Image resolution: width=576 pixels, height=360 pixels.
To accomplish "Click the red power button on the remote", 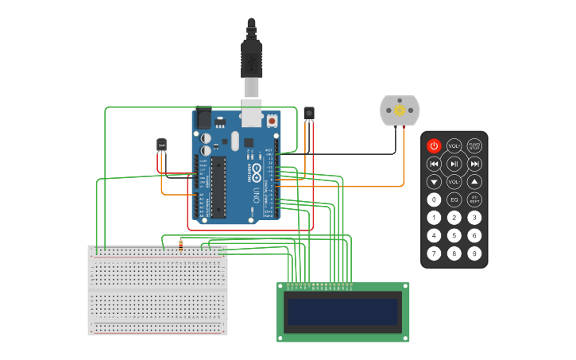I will click(x=434, y=145).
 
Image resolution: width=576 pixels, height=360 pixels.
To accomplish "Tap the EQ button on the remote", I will click(x=454, y=199).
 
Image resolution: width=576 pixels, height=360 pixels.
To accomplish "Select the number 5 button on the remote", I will click(x=454, y=235).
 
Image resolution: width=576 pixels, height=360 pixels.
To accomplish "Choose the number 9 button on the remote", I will click(x=474, y=254).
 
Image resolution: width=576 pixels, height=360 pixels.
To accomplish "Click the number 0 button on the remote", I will click(x=434, y=199).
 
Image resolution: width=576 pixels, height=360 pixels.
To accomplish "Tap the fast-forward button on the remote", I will click(x=474, y=164).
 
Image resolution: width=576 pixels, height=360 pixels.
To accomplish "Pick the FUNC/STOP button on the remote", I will click(x=474, y=145).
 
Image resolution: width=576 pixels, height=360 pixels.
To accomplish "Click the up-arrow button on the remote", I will click(x=474, y=181).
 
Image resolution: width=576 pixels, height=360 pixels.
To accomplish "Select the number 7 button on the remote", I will click(x=434, y=254).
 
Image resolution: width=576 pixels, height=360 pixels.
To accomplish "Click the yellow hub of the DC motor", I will click(x=400, y=109).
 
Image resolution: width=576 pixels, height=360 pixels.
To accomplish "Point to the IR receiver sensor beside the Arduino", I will click(x=309, y=114).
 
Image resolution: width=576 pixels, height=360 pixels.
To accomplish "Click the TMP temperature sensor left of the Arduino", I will click(x=161, y=144).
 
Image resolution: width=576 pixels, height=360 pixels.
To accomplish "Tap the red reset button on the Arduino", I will click(x=273, y=122).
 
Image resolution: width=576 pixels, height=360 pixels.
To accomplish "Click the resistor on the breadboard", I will click(x=181, y=245).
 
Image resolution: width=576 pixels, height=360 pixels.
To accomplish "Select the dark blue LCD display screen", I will click(x=342, y=312).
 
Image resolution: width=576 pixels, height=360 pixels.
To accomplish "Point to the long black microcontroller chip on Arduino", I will click(x=218, y=187).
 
